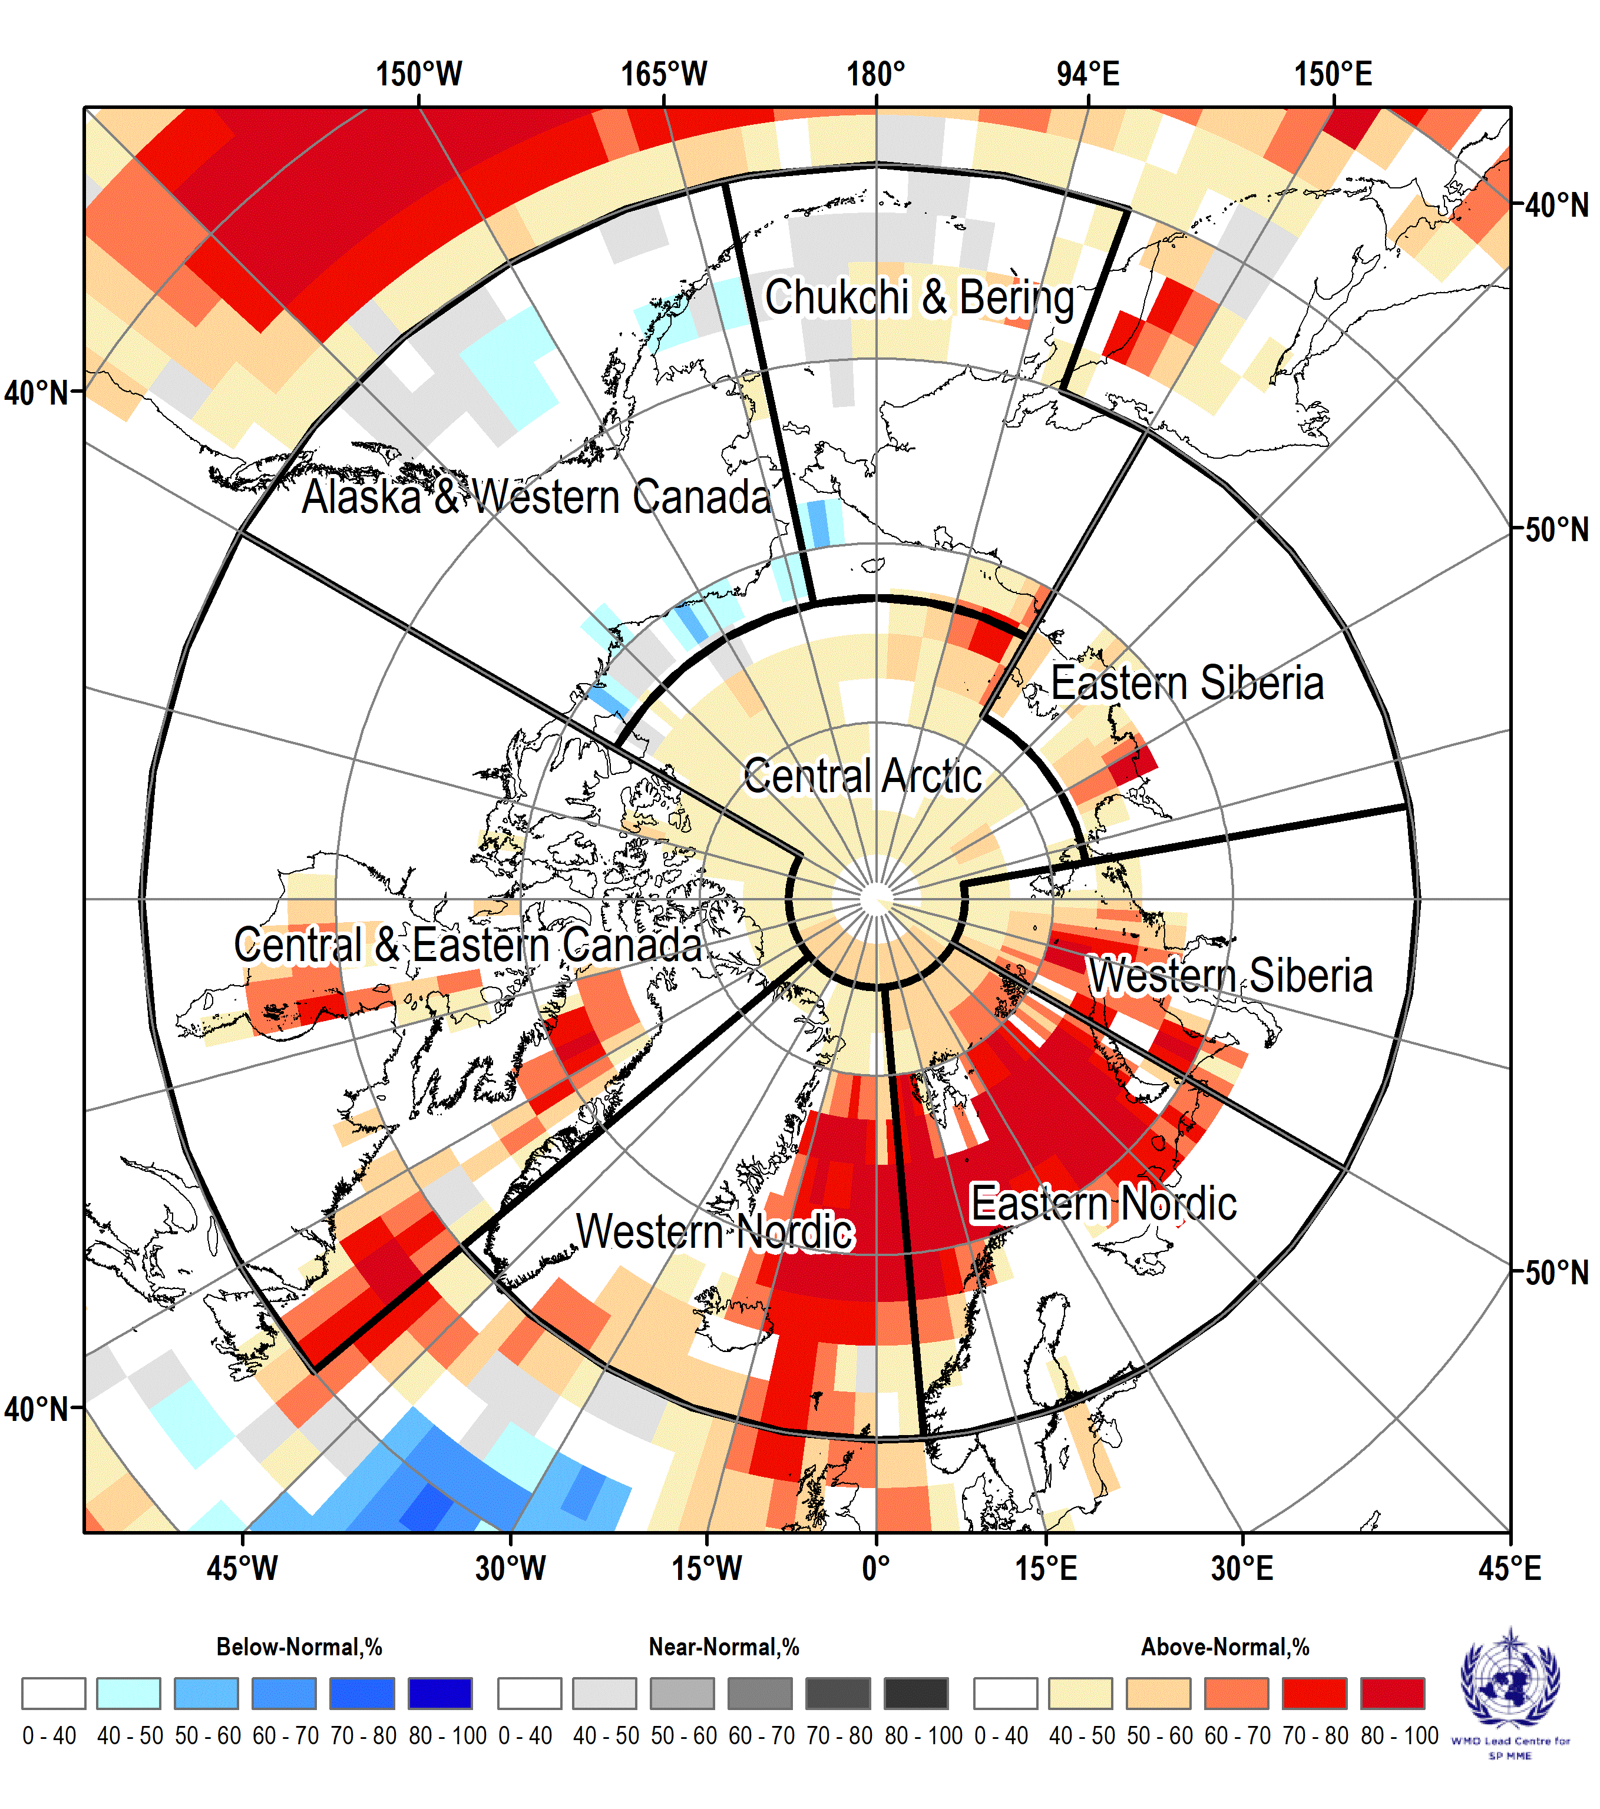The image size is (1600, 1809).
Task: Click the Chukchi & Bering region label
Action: pos(919,297)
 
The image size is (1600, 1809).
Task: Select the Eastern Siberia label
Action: pos(1188,683)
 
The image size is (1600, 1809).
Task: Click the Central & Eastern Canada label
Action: pos(468,945)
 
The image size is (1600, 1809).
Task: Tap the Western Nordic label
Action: pos(715,1231)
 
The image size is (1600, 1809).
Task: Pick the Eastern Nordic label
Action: pos(1103,1204)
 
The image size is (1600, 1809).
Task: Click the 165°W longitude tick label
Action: pos(664,74)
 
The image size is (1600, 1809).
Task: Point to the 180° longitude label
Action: pos(876,74)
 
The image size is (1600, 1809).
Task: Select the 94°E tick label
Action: pos(1088,74)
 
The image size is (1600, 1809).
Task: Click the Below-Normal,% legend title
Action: pos(299,1647)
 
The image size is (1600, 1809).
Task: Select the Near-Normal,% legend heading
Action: pos(724,1647)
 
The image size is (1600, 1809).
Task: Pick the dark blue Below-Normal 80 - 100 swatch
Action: pos(440,1693)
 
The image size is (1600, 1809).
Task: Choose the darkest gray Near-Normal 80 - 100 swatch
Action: pos(917,1693)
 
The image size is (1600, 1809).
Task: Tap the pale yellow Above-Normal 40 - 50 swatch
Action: pos(1080,1693)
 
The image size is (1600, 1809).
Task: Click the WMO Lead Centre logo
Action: pos(1510,1692)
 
